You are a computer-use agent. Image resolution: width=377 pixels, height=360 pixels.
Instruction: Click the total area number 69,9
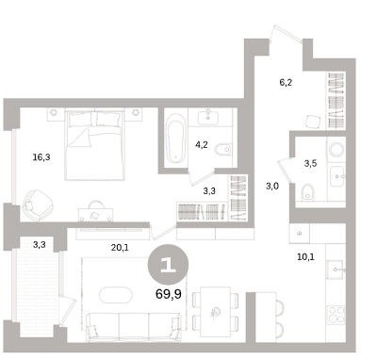169,294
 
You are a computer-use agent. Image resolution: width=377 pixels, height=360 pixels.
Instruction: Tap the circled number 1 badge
168,265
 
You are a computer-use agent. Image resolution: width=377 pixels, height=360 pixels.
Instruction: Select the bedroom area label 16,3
41,157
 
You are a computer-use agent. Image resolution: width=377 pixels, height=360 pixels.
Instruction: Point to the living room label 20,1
120,248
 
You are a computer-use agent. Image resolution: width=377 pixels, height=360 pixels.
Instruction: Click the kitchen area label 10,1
305,257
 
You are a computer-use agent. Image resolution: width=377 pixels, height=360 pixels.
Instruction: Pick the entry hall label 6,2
286,83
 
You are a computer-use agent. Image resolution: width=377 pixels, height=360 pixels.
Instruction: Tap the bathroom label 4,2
202,145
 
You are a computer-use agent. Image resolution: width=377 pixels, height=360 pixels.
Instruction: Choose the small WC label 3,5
310,163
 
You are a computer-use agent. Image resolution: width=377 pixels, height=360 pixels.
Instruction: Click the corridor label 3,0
272,187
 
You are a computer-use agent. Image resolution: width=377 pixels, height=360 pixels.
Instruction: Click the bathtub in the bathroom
175,139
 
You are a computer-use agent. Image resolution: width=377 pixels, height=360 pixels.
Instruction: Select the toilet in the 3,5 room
307,192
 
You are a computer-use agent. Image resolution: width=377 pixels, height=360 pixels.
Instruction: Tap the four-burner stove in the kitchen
336,315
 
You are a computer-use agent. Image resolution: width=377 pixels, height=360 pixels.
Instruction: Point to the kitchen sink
336,270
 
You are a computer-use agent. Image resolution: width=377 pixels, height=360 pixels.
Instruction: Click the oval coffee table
116,295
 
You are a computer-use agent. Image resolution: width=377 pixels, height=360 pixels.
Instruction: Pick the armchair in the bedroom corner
38,205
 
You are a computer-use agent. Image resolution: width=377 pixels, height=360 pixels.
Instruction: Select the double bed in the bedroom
95,144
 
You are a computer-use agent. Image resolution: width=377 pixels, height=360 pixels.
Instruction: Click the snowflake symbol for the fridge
300,234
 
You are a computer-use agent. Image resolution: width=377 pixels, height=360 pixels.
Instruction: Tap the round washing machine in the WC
336,150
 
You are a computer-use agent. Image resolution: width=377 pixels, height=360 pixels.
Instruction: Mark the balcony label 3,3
40,244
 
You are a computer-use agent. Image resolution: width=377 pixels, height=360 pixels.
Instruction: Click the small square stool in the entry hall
313,122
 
